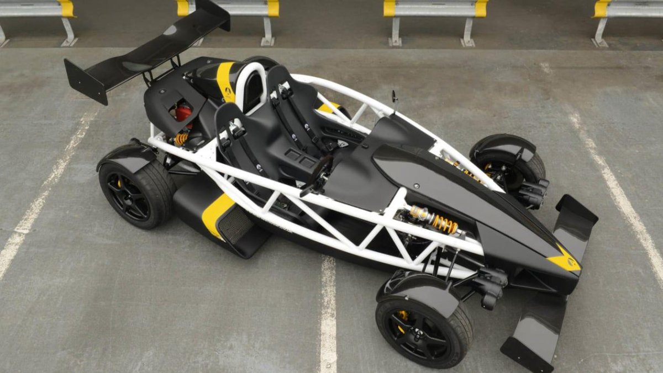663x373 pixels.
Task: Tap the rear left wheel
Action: pos(135,193)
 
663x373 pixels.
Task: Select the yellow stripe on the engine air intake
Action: pos(225,80)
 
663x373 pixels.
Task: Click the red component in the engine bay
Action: pos(183,113)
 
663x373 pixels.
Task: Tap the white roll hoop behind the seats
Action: pos(249,83)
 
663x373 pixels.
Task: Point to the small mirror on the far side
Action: pos(394,97)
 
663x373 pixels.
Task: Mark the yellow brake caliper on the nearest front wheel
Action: pos(403,316)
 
